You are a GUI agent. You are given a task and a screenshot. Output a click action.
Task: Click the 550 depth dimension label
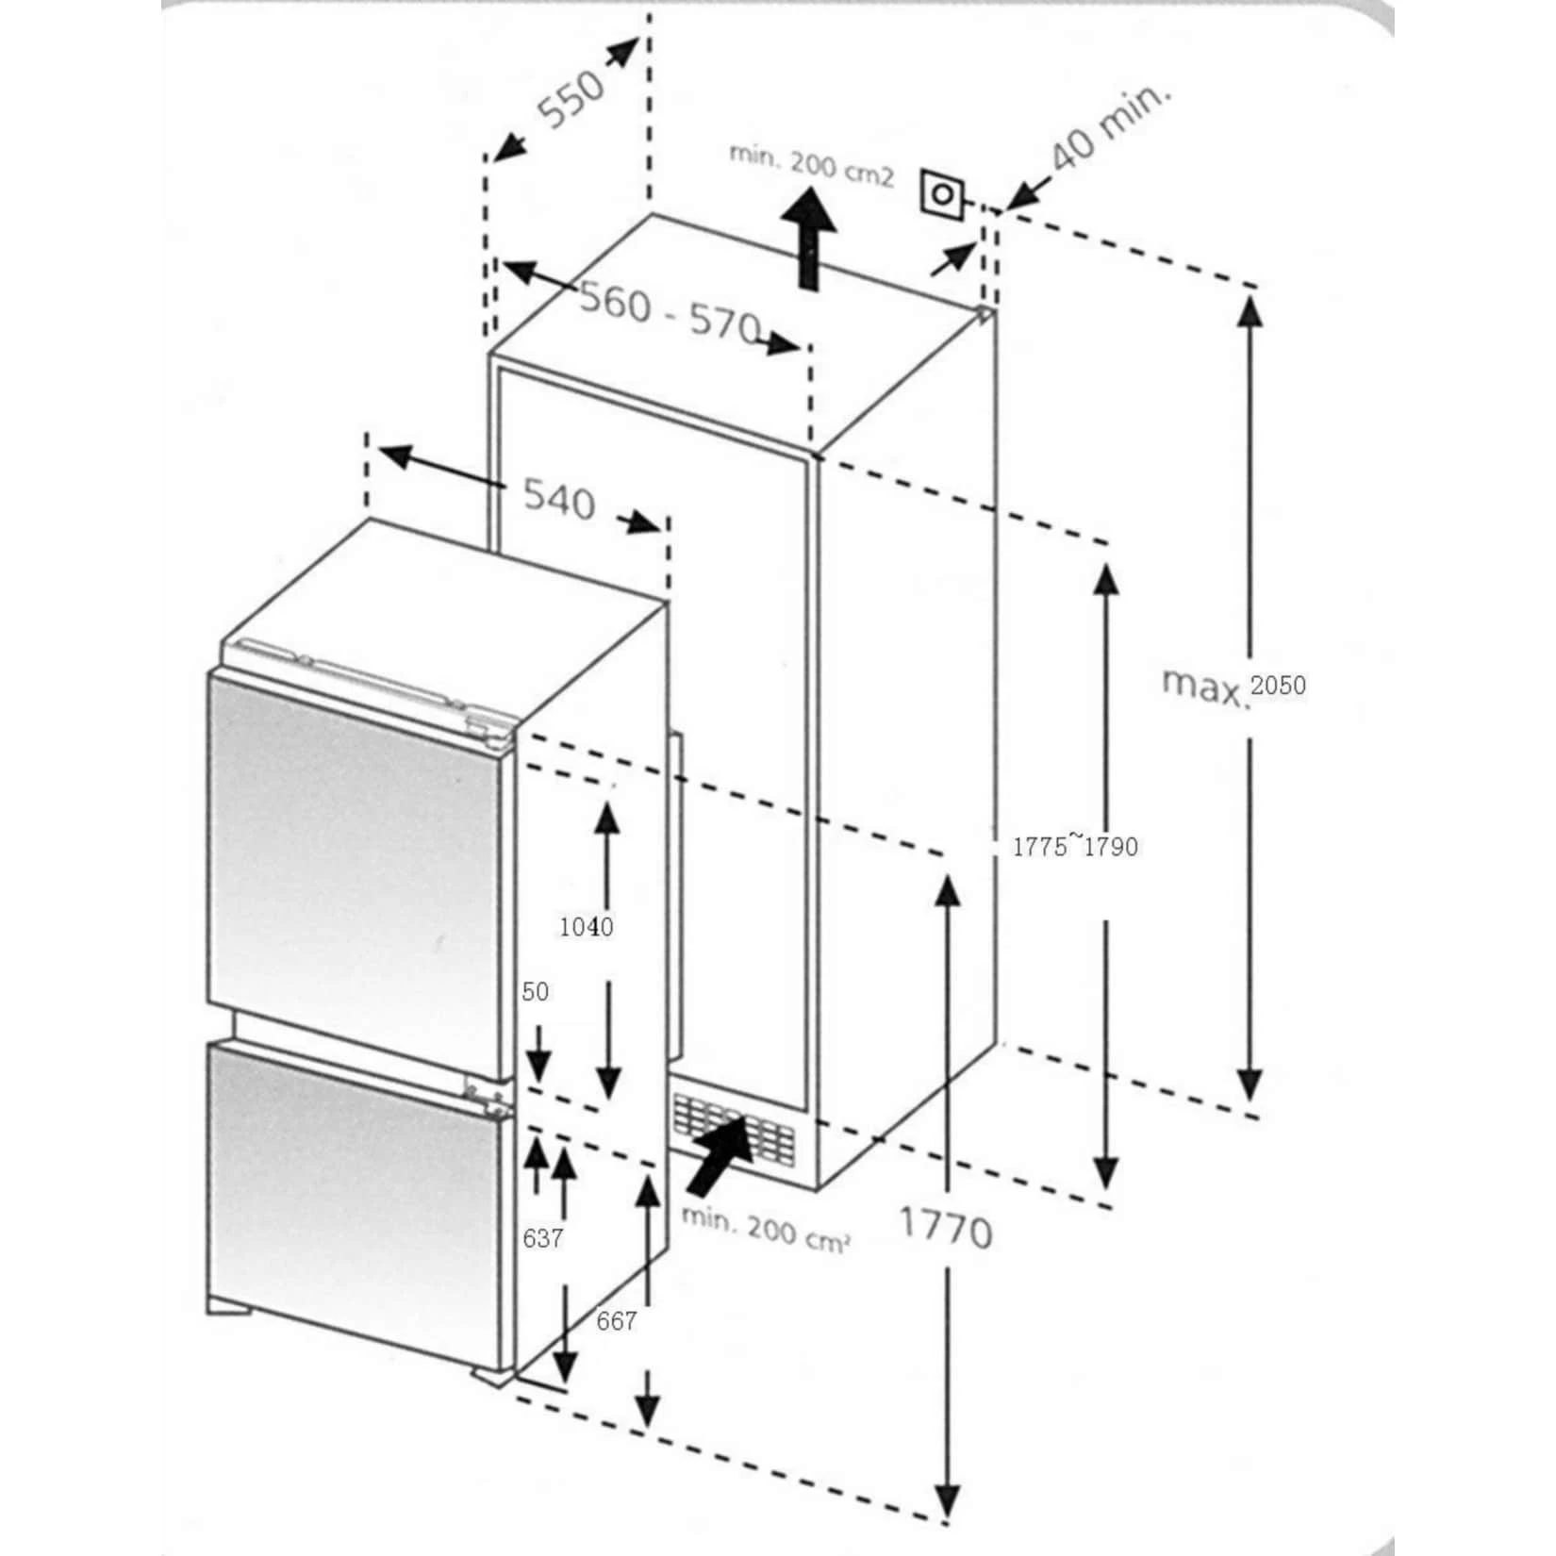point(571,98)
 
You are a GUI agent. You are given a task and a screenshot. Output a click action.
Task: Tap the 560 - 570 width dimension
point(670,314)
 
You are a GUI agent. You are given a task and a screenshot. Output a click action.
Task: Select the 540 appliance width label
point(559,499)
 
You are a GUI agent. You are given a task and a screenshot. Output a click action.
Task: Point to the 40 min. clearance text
point(1109,128)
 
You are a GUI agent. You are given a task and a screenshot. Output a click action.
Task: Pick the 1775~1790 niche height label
point(1075,846)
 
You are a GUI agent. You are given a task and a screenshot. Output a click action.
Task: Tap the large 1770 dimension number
point(945,1229)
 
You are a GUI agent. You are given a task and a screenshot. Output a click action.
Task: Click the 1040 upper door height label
point(586,927)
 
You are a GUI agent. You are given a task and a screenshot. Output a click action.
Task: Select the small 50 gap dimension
point(535,992)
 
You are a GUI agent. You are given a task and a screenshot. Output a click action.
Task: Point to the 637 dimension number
point(542,1238)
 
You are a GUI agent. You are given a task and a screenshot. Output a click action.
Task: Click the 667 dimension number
point(616,1321)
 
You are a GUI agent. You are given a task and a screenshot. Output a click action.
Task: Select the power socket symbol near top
point(942,195)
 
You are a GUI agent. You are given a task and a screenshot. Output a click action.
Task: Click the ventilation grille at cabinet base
point(734,1129)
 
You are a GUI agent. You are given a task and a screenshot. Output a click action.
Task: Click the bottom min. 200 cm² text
point(766,1229)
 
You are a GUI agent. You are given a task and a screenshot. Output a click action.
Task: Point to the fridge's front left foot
point(229,1307)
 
